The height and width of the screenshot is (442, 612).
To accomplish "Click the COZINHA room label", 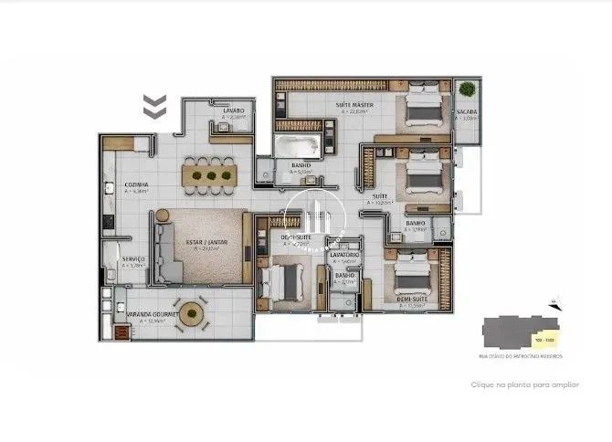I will tap(137, 184).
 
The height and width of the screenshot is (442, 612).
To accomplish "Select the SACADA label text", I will tap(467, 112).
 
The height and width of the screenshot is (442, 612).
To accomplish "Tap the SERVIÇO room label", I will tap(134, 258).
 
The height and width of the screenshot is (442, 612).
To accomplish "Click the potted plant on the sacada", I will tap(468, 89).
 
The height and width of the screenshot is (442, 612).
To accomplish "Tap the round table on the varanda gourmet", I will tap(192, 313).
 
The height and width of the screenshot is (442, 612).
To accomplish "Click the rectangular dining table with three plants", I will tap(211, 173).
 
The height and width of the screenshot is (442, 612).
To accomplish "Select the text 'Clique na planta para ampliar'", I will tap(523, 385).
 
